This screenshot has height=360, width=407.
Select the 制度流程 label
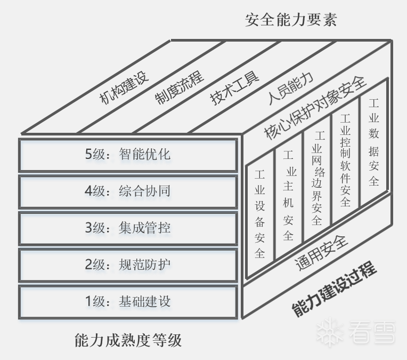pos(179,86)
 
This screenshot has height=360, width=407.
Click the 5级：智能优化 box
pos(128,155)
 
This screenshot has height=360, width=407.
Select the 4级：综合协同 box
pos(128,191)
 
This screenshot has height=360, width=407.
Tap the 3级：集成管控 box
pos(128,228)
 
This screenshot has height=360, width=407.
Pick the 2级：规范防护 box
pos(128,264)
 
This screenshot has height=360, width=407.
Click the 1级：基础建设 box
pos(128,301)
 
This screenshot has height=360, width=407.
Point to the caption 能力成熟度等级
pos(128,340)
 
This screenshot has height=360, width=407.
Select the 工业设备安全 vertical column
pos(260,213)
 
